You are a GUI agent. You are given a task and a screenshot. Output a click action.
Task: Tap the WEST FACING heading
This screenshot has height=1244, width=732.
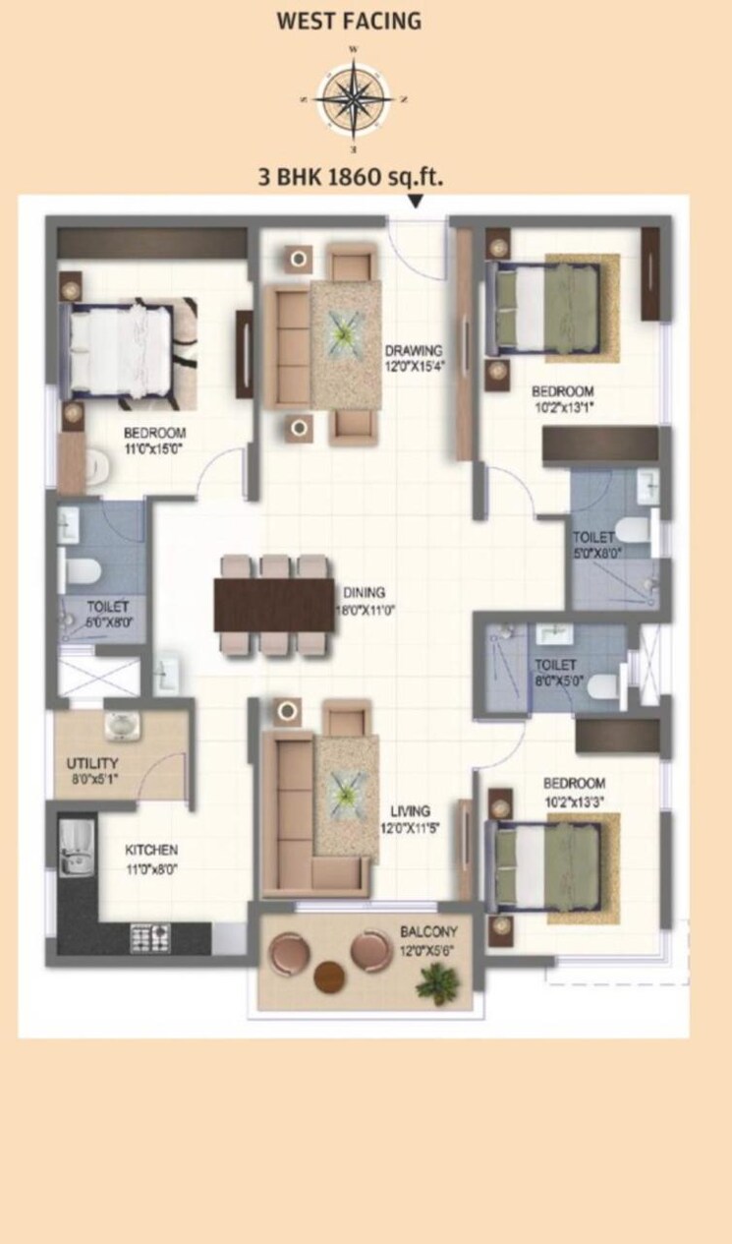(350, 21)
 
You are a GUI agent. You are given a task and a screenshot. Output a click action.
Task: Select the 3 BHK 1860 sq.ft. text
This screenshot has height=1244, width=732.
(350, 177)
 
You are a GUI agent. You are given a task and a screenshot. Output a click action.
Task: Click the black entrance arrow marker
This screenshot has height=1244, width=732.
(417, 203)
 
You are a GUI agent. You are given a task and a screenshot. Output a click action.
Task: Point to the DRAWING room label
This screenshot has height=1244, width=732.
(413, 350)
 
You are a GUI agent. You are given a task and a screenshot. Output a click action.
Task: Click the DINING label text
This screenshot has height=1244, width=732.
(364, 593)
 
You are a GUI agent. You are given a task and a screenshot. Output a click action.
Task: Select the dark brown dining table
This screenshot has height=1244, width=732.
(275, 605)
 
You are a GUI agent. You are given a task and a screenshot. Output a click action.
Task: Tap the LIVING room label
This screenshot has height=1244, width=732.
(410, 811)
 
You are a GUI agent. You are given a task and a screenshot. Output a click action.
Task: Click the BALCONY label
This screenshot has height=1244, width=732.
(428, 931)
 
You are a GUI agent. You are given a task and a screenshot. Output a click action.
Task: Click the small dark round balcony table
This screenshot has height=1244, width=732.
(329, 977)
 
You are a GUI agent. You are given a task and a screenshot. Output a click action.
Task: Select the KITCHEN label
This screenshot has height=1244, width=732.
(150, 850)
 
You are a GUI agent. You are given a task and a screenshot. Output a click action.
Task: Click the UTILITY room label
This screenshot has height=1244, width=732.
(92, 763)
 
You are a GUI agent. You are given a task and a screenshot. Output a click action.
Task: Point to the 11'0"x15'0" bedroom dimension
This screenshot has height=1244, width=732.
(154, 449)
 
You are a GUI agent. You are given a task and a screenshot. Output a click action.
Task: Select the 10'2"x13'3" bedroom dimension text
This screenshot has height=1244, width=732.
(575, 800)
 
